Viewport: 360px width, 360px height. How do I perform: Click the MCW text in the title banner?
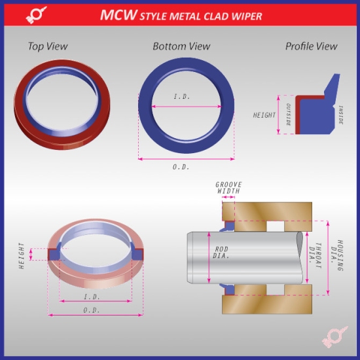coord(118,15)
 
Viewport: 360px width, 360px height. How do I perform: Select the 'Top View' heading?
coord(47,46)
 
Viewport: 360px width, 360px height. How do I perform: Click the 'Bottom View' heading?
coord(181,46)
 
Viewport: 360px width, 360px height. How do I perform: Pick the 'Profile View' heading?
coord(311,46)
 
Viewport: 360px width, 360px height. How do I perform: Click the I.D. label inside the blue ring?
coord(182,98)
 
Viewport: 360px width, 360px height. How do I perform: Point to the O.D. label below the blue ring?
coord(181,167)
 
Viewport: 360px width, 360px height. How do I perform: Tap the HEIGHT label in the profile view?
coord(264,115)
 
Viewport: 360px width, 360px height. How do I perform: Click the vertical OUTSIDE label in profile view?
coord(289,116)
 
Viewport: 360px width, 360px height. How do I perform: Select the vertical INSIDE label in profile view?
coord(341,115)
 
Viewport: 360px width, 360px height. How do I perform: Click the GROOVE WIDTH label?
coord(228,188)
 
